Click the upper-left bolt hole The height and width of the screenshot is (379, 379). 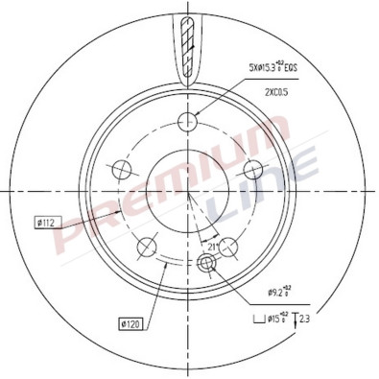pyautogui.click(x=122, y=170)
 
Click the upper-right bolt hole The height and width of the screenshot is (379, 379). pyautogui.click(x=254, y=170)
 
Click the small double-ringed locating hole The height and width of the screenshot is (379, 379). pyautogui.click(x=206, y=264)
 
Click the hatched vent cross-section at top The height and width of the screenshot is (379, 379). pyautogui.click(x=185, y=48)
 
